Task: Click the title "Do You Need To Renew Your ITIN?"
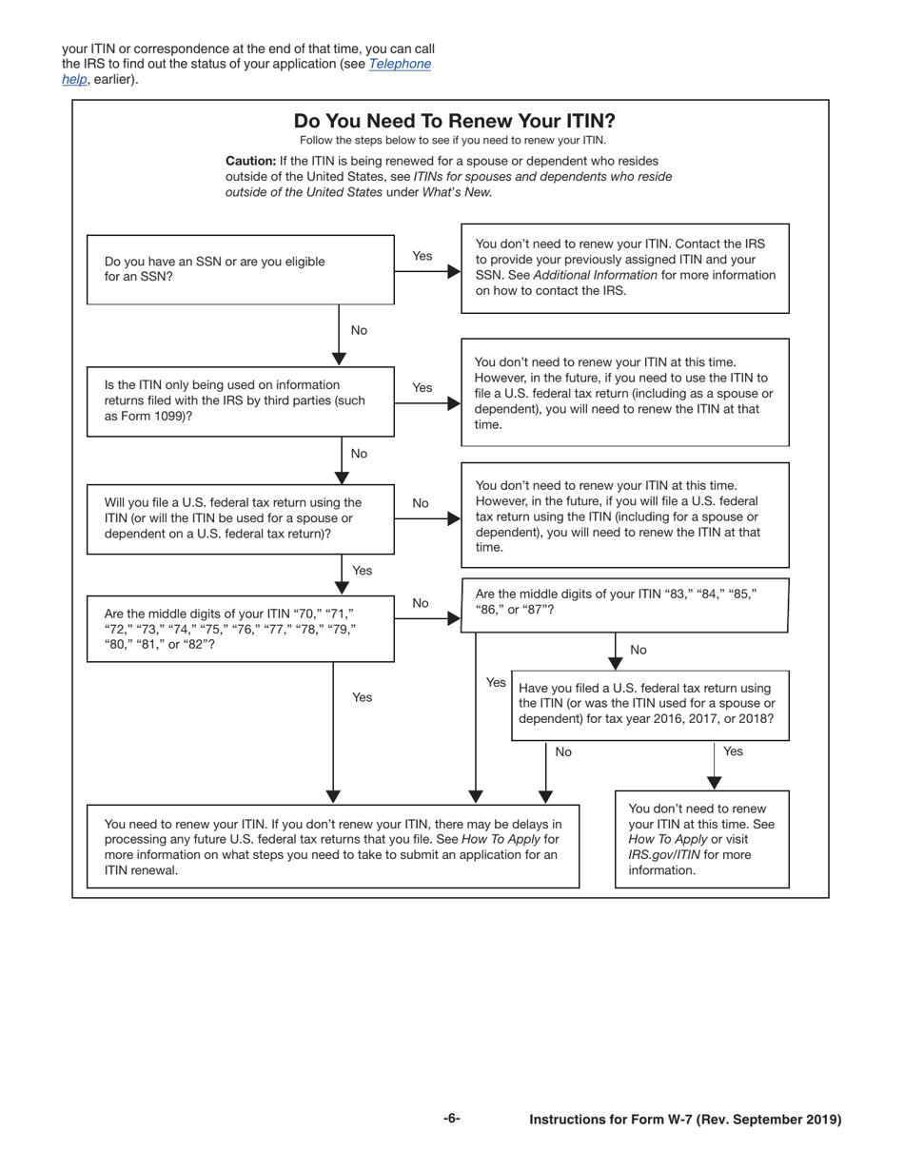454,121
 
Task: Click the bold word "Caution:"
250,161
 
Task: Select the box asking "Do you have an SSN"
240,269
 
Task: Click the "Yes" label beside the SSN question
422,256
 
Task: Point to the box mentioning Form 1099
240,400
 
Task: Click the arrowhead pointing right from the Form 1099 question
454,402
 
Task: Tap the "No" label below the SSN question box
359,330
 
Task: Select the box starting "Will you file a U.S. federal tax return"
240,517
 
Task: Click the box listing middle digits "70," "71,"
240,628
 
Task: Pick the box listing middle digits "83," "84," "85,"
625,604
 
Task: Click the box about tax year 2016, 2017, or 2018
650,704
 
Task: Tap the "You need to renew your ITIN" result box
332,846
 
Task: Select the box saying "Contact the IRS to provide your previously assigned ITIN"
625,267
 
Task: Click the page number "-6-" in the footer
452,1119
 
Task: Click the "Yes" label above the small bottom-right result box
733,751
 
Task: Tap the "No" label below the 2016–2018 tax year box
563,752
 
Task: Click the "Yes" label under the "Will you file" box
363,570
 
